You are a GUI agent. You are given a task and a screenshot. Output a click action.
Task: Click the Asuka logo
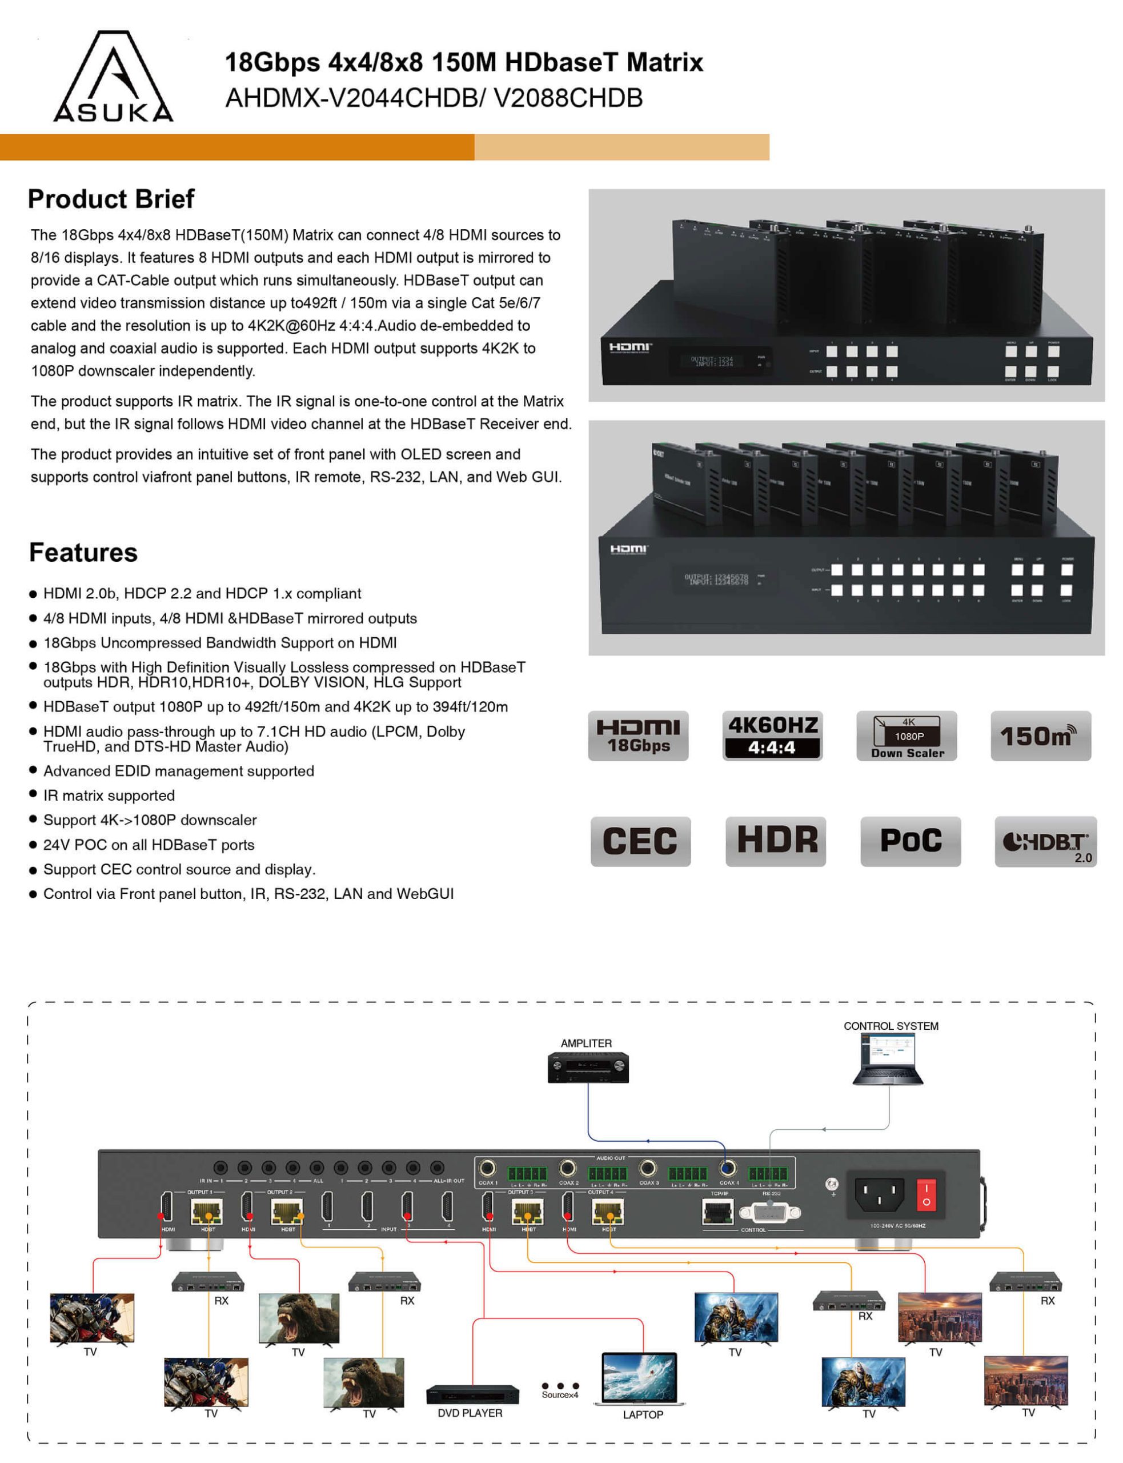point(113,77)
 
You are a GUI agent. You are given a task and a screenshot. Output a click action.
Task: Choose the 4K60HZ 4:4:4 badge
point(772,736)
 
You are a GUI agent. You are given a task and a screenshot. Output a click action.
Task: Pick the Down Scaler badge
point(907,736)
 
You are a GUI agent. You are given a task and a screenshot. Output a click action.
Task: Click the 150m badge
point(1040,736)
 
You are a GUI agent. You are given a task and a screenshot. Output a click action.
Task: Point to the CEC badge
point(640,841)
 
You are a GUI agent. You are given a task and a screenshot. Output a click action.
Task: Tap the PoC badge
point(911,841)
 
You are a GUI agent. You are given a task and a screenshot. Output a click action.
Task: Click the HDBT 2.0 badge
point(1045,841)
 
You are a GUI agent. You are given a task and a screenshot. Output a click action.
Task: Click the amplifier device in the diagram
point(588,1067)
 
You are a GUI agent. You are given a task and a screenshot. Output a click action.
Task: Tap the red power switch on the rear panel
point(926,1195)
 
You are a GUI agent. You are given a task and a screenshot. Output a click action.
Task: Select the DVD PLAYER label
point(470,1413)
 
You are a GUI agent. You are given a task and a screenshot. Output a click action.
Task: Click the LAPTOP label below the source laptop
point(643,1415)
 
